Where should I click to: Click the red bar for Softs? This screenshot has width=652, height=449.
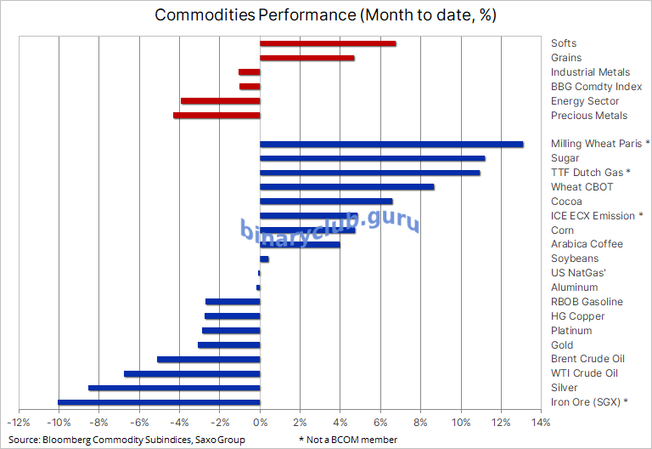(328, 43)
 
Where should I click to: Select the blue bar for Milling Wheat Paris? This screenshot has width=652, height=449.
(391, 145)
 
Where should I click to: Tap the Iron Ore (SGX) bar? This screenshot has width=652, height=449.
(159, 402)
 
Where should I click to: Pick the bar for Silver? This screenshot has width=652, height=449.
(174, 388)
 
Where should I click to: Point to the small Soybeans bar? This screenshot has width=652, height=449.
(264, 259)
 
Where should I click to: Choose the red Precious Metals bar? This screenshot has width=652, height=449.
(216, 116)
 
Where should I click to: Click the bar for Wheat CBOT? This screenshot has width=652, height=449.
(346, 187)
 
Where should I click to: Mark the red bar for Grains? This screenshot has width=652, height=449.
(306, 58)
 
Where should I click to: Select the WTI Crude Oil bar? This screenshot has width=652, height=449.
(192, 374)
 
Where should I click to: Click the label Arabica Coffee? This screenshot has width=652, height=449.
(587, 244)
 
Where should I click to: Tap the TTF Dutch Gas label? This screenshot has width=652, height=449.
(587, 173)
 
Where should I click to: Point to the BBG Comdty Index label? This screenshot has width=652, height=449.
(596, 87)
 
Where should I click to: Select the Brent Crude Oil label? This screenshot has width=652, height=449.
(587, 359)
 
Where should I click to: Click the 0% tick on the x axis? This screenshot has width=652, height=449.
(261, 423)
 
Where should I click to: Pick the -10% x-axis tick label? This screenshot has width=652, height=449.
(59, 423)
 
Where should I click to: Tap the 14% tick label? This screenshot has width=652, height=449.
(541, 423)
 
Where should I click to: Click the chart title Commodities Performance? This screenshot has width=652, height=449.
(256, 15)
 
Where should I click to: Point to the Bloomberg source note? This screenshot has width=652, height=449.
(126, 440)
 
